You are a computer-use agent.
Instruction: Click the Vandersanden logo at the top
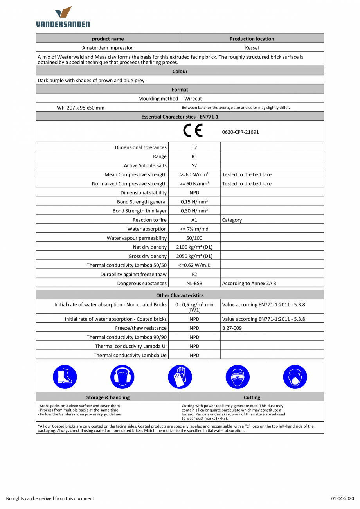[x=63, y=16]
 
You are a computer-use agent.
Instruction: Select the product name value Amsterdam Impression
[x=108, y=48]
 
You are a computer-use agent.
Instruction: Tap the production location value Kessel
[x=252, y=48]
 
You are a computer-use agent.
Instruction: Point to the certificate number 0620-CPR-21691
[x=240, y=132]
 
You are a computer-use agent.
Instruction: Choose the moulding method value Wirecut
[x=193, y=99]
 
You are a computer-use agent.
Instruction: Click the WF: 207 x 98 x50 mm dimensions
[x=81, y=108]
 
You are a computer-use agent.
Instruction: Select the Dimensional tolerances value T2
[x=194, y=147]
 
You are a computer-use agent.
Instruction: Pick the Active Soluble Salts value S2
[x=194, y=165]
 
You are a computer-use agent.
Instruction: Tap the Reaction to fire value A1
[x=194, y=220]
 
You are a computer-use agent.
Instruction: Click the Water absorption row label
[x=147, y=229]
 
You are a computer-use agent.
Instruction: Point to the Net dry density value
[x=194, y=247]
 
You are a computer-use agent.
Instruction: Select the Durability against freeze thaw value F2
[x=194, y=274]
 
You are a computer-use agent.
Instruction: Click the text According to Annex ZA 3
[x=249, y=284]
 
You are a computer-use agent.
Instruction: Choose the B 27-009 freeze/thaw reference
[x=232, y=328]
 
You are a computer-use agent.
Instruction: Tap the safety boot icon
[x=65, y=377]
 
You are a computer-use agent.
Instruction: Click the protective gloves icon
[x=180, y=377]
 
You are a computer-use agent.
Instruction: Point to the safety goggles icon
[x=238, y=377]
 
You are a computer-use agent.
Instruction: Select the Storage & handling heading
[x=108, y=397]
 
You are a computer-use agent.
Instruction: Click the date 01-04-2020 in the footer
[x=342, y=498]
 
